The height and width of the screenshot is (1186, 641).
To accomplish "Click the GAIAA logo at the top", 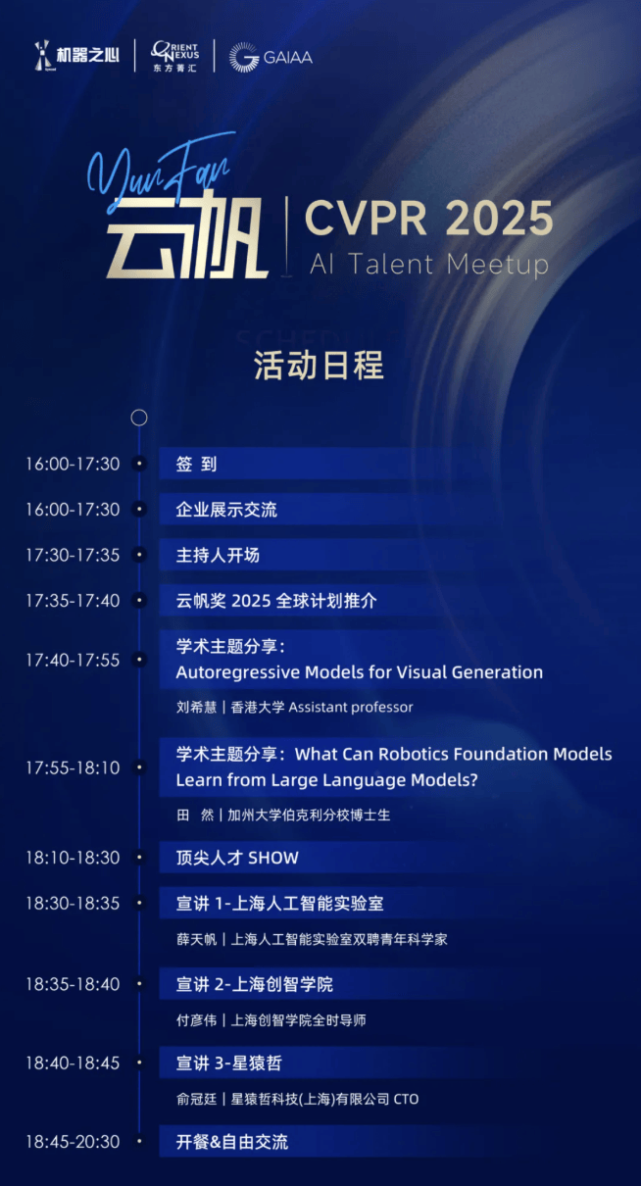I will (271, 57).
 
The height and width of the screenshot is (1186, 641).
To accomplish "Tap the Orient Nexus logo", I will (174, 56).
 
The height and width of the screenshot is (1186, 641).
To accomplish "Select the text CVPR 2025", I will (428, 217).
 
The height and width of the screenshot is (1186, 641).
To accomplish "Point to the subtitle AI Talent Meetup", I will (428, 264).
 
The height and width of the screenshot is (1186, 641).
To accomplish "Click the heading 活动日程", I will (320, 365).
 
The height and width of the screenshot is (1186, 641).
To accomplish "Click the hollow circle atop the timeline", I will (139, 418).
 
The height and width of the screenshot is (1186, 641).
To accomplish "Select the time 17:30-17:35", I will (73, 555).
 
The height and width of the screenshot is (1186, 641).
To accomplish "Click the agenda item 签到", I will (196, 465).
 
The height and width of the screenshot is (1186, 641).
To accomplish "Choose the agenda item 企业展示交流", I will (226, 510).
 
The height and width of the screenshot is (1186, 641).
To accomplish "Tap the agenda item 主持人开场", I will (218, 555).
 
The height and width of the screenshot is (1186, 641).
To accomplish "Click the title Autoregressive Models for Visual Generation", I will (359, 672).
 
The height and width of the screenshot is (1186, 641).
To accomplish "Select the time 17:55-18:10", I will (73, 767).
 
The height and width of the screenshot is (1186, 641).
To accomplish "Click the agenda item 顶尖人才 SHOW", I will (237, 858).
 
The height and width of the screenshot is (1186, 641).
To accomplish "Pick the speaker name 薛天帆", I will (195, 939).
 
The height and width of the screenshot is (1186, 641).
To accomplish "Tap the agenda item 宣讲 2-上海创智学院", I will (255, 984).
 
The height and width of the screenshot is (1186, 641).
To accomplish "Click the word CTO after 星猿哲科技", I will (405, 1099).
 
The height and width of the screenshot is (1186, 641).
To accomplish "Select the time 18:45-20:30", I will (73, 1142).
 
